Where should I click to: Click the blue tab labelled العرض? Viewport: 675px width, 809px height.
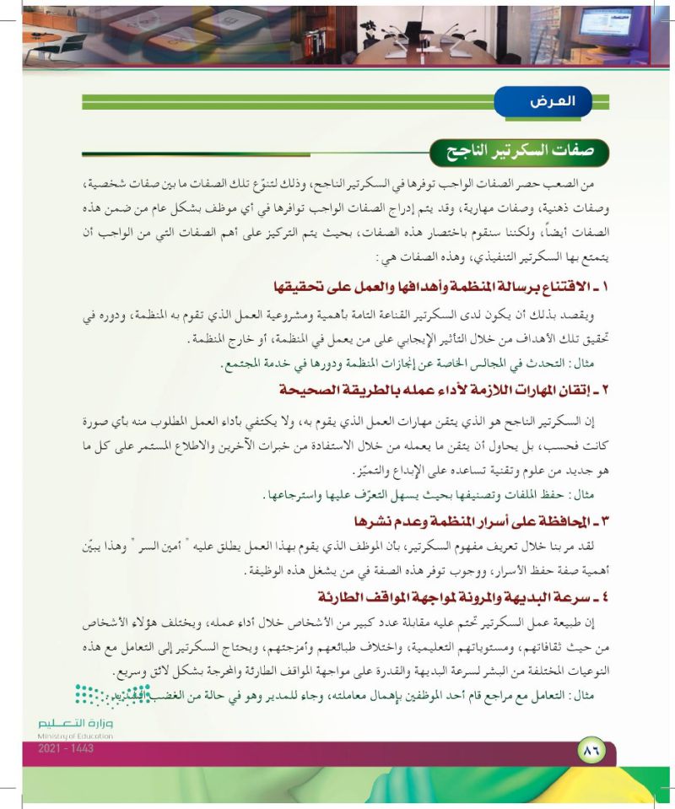548,102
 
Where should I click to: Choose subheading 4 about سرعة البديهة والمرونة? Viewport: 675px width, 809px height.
467,596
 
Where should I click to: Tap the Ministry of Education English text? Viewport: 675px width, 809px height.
77,736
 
